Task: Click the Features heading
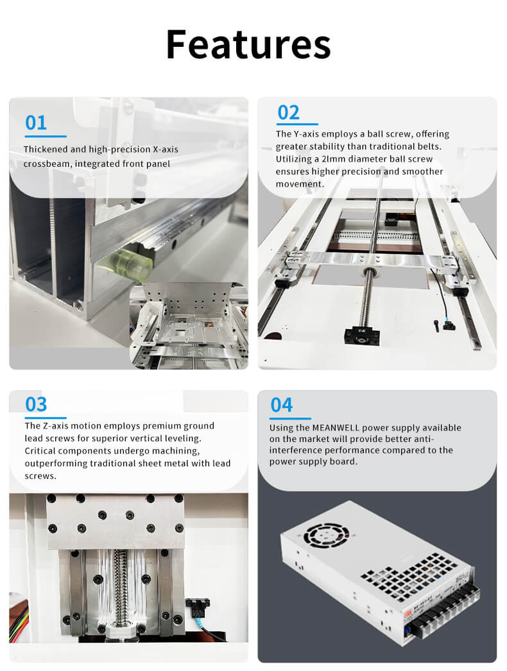(248, 44)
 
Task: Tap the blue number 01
(36, 123)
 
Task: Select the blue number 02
(289, 112)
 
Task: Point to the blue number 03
(36, 404)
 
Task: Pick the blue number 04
(281, 405)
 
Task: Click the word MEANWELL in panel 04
(336, 427)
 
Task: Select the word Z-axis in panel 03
(55, 426)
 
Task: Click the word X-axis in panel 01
(166, 149)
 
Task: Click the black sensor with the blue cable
(198, 607)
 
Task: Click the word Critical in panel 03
(40, 450)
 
